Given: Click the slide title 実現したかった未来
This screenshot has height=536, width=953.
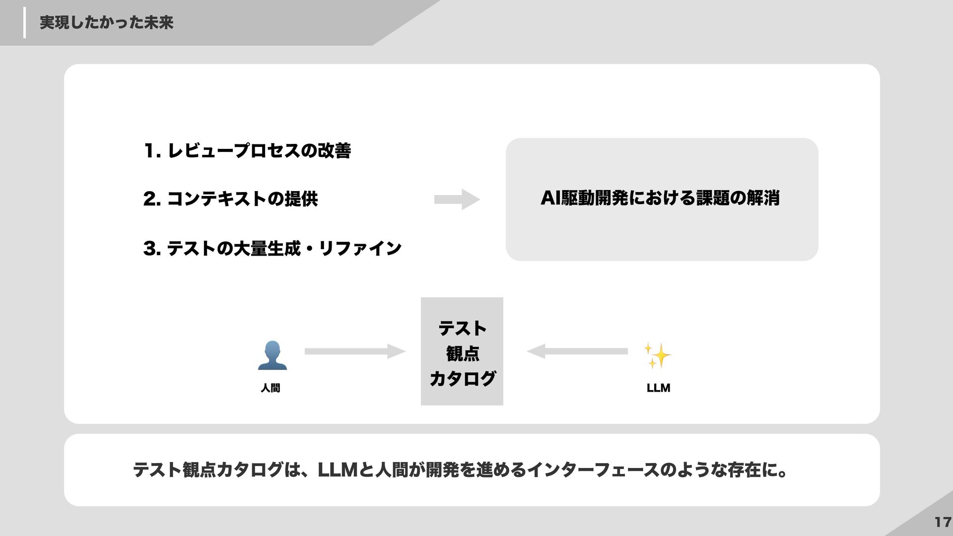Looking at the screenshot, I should [x=106, y=23].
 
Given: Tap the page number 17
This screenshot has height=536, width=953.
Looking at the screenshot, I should [x=942, y=522].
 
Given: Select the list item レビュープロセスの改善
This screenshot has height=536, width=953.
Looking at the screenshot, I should [x=259, y=151].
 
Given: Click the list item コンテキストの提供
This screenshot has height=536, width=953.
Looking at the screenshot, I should [x=242, y=199].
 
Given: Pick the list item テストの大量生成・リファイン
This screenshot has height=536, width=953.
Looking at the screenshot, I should [x=284, y=248].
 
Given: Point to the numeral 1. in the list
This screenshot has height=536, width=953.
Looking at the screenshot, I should [x=152, y=151].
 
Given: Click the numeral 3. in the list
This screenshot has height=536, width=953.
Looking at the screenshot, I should [x=151, y=248].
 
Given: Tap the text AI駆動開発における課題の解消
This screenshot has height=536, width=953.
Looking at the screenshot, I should [x=660, y=199].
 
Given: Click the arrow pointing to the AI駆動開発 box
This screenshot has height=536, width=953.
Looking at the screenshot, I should [x=457, y=200].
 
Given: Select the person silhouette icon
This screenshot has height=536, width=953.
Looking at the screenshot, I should [x=272, y=355].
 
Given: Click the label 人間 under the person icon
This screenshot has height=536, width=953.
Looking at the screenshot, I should [x=271, y=388].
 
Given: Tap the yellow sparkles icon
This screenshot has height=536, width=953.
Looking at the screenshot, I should [x=657, y=355].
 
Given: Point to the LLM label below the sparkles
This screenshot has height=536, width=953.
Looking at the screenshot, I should [x=658, y=388].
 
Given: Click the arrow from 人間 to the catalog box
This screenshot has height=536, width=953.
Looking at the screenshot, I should [x=354, y=351].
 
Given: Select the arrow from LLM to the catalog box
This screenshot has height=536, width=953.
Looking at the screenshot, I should [x=577, y=351].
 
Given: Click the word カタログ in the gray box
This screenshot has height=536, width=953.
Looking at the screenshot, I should [x=462, y=379].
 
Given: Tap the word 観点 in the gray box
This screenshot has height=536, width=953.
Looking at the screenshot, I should [x=462, y=354].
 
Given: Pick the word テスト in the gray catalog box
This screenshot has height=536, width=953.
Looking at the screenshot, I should [x=462, y=329].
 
